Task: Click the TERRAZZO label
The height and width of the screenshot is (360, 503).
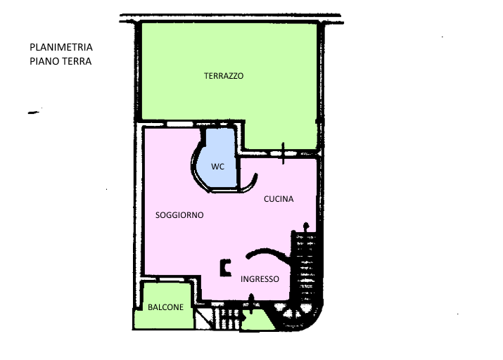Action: pyautogui.click(x=224, y=76)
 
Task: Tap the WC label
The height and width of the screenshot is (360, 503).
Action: pyautogui.click(x=217, y=167)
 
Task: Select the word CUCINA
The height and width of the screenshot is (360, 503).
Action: pyautogui.click(x=279, y=199)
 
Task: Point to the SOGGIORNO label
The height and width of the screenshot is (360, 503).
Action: pyautogui.click(x=179, y=215)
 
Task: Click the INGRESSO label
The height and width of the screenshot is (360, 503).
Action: pyautogui.click(x=260, y=279)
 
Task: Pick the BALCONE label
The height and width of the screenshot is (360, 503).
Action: pyautogui.click(x=165, y=307)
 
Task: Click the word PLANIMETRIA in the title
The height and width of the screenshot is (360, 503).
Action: pyautogui.click(x=61, y=47)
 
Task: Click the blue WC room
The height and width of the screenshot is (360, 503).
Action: pyautogui.click(x=218, y=160)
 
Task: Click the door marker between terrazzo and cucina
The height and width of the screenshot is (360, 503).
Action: pyautogui.click(x=283, y=153)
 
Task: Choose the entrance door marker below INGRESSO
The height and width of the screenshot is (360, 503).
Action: pyautogui.click(x=251, y=303)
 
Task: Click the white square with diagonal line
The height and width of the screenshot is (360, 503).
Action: pyautogui.click(x=203, y=319)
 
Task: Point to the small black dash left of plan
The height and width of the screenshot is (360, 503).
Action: pyautogui.click(x=33, y=112)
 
